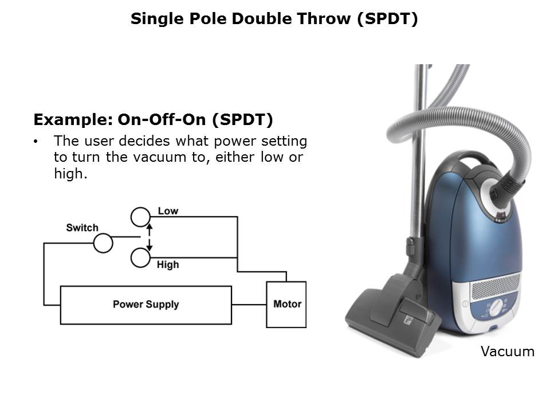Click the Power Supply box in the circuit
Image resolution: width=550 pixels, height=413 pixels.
(146, 305)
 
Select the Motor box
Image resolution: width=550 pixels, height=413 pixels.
(286, 305)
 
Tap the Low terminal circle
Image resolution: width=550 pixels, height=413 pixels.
(140, 217)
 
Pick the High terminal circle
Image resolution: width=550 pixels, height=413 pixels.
(140, 258)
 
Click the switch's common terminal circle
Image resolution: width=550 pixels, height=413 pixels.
(103, 243)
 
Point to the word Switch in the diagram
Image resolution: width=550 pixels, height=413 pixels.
(82, 228)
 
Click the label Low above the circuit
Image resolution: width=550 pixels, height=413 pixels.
(168, 211)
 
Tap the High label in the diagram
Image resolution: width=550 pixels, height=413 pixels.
(168, 264)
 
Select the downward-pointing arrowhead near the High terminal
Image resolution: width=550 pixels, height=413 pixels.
(150, 248)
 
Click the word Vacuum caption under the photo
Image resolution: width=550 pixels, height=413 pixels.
(507, 351)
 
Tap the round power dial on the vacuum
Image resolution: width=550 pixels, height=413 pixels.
(496, 307)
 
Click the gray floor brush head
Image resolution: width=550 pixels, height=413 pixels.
(393, 316)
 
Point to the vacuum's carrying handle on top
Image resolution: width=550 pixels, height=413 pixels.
(466, 159)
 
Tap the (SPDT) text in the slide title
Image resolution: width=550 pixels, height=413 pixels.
(388, 18)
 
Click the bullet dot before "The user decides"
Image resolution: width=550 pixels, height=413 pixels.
(36, 142)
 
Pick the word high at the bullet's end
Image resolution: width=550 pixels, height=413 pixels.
(70, 173)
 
